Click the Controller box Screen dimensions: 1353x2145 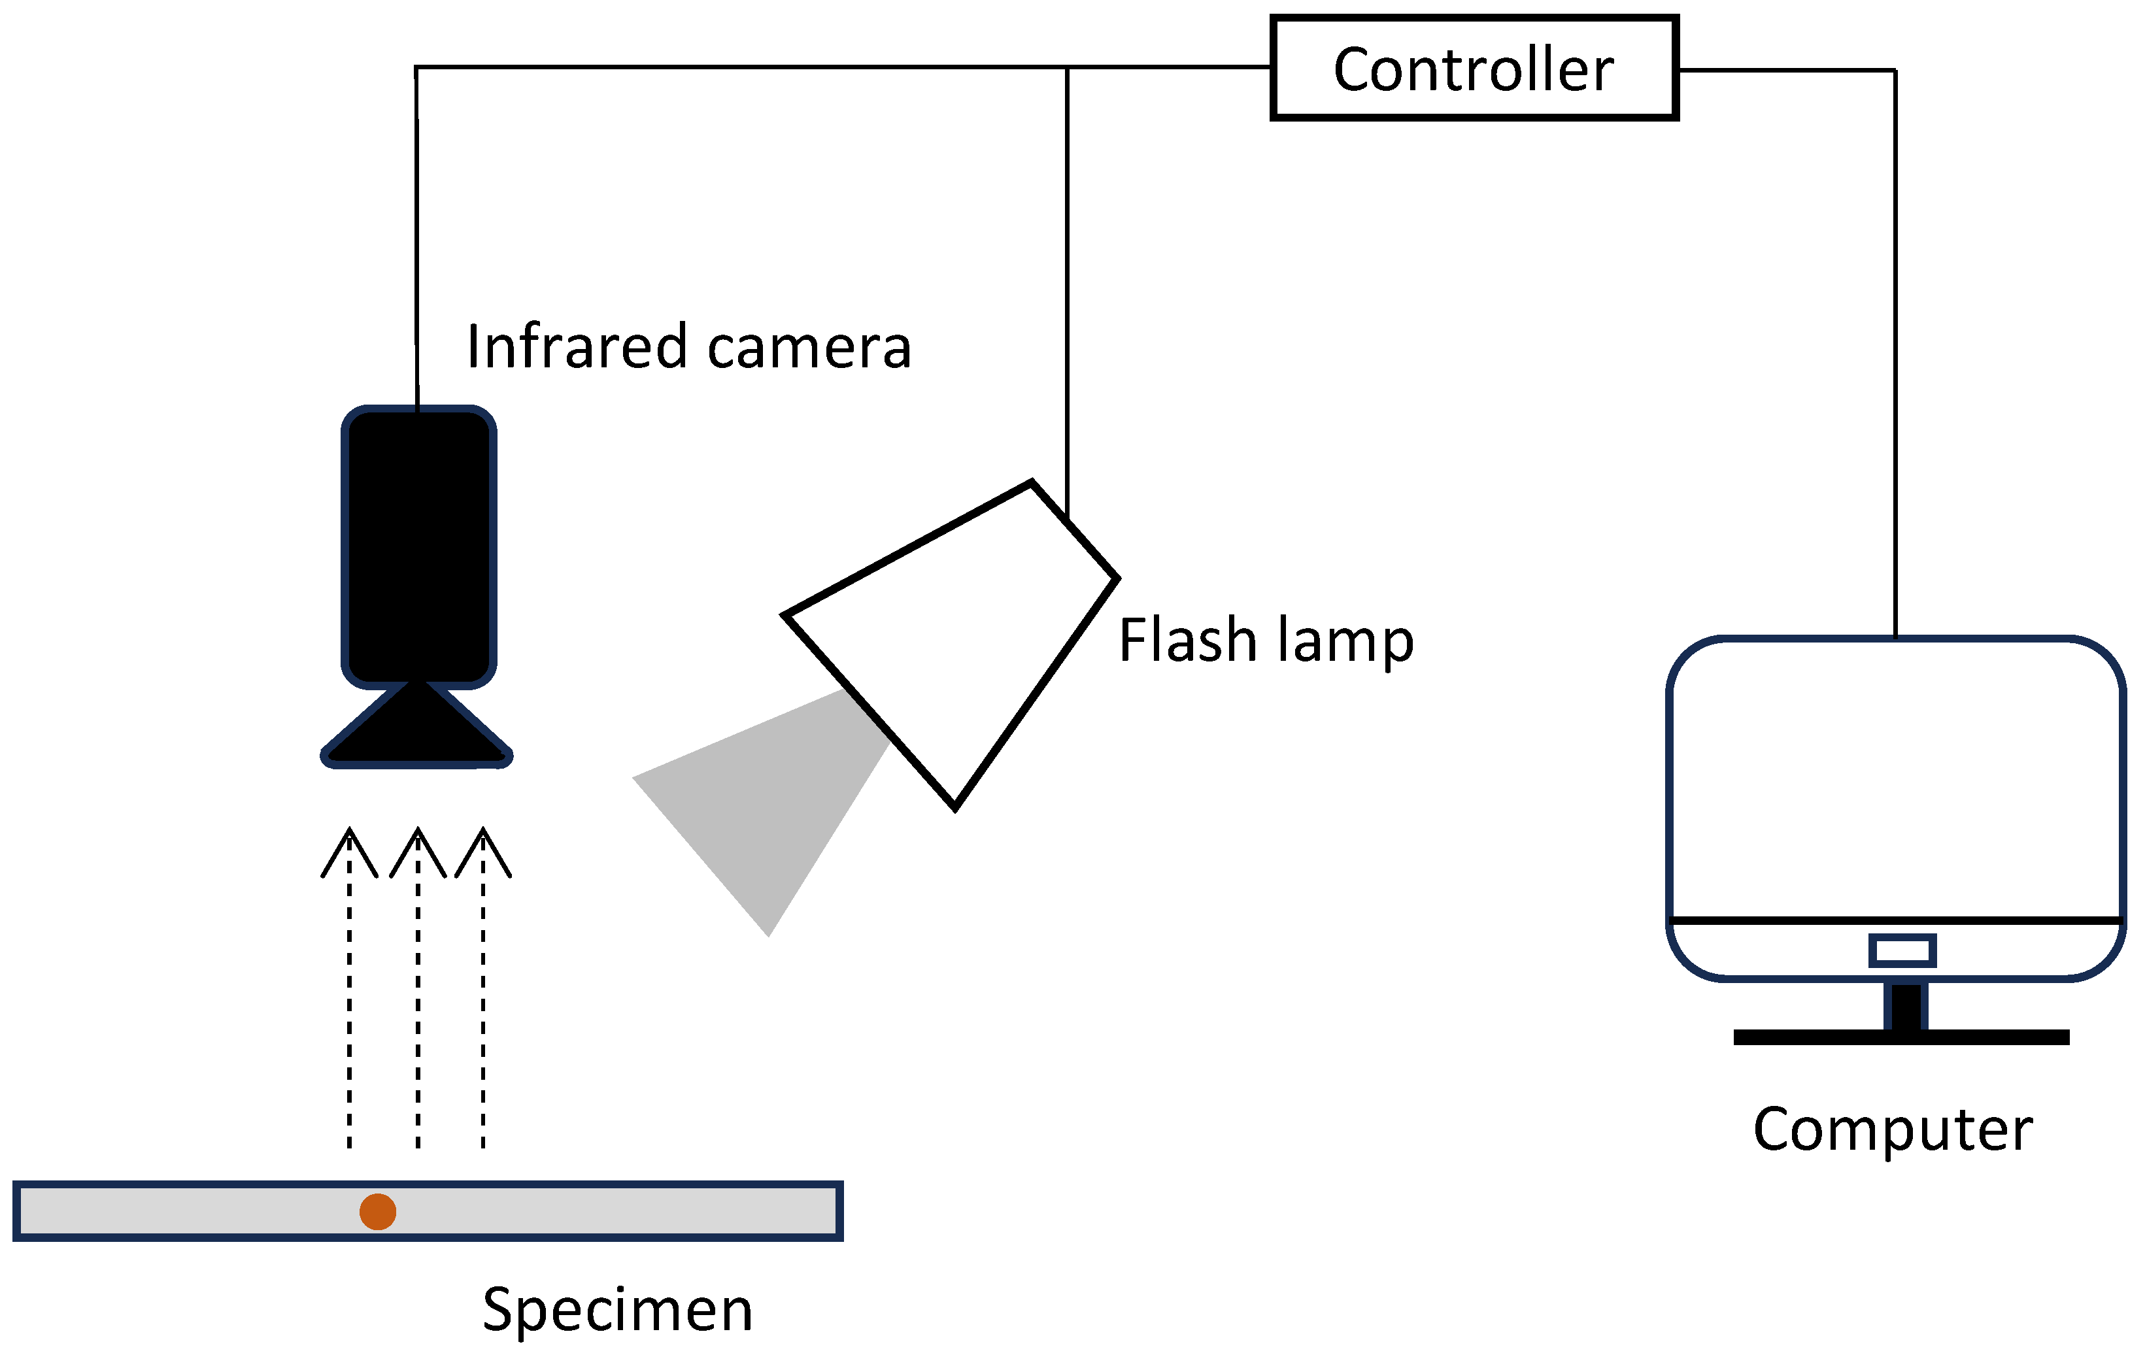pos(1474,68)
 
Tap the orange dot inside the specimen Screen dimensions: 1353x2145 pos(378,1211)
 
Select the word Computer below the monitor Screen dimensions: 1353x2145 pos(1893,1130)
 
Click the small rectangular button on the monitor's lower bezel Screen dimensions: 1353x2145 pos(1902,950)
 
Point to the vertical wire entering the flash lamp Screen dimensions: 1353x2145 pos(1067,294)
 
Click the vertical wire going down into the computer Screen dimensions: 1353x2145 pos(1895,356)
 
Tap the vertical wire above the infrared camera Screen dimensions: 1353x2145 pos(416,241)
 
